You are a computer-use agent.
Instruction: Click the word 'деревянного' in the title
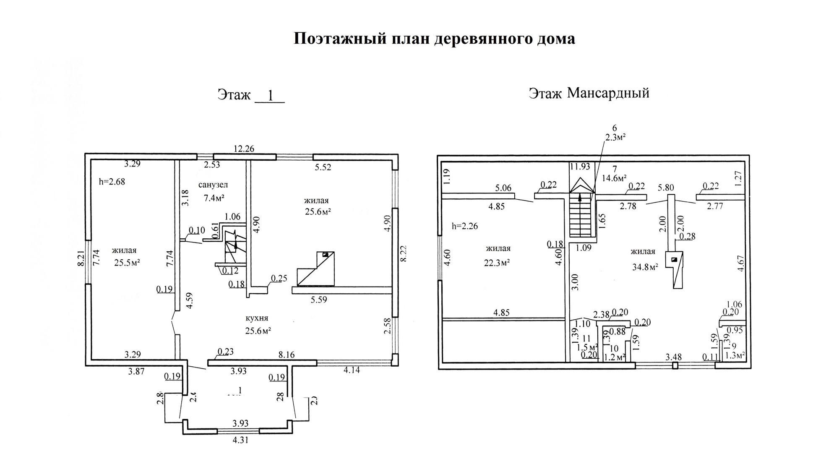[x=474, y=39]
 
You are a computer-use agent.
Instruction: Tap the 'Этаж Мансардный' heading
[x=589, y=93]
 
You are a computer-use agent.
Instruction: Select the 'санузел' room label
[x=213, y=185]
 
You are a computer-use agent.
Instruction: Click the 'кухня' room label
[x=257, y=318]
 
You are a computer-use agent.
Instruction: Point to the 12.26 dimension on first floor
[x=244, y=149]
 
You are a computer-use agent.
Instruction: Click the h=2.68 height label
[x=112, y=182]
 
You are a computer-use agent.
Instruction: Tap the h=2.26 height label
[x=465, y=226]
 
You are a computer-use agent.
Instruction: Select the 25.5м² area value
[x=127, y=263]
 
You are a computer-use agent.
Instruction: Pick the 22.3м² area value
[x=497, y=263]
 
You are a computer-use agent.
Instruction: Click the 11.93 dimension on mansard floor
[x=580, y=167]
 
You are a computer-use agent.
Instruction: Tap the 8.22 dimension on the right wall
[x=404, y=253]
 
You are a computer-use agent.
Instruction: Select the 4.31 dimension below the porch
[x=240, y=441]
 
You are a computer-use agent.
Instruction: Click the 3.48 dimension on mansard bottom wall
[x=674, y=357]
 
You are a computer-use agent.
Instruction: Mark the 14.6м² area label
[x=614, y=177]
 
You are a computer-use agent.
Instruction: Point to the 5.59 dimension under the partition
[x=318, y=300]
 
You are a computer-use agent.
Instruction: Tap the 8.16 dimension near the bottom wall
[x=287, y=355]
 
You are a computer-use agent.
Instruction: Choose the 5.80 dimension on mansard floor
[x=666, y=187]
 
